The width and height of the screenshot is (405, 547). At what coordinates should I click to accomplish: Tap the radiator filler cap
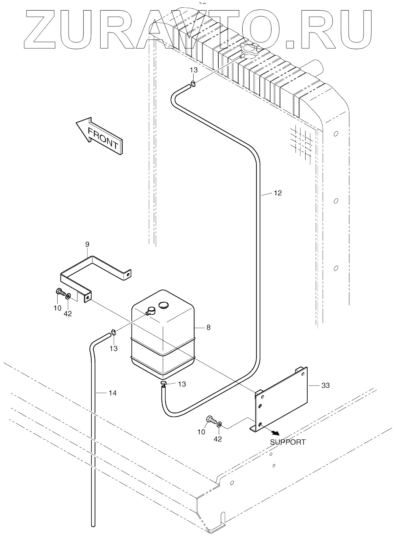247,51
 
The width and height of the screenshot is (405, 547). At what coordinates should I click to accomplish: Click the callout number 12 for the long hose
278,193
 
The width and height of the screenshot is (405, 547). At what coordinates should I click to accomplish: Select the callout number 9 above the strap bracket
87,244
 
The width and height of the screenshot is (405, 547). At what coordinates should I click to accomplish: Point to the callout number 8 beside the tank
208,327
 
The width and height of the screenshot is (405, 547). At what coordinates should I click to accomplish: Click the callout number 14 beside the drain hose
112,393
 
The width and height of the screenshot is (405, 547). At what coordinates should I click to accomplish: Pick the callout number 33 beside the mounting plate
325,385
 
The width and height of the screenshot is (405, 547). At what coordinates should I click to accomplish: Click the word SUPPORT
288,442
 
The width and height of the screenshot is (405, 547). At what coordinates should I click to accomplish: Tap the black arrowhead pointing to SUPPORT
276,433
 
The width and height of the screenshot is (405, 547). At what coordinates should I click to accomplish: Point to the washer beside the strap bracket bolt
68,295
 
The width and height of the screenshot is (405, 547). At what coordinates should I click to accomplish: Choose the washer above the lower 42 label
219,424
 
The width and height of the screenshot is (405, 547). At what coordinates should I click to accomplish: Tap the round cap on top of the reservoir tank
164,305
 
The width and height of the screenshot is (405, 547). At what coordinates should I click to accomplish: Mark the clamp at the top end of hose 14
114,333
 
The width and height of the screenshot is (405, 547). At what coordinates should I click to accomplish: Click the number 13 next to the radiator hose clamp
194,70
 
